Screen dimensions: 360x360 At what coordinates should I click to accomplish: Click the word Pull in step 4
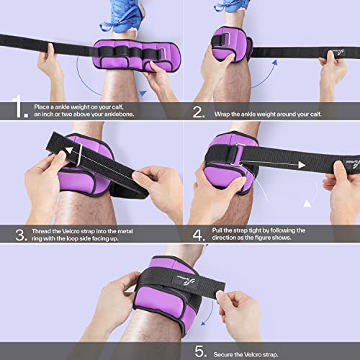220,230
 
